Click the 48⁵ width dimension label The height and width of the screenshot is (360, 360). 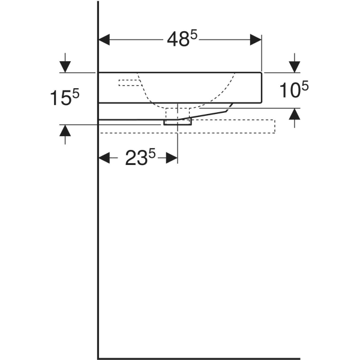[x=182, y=39]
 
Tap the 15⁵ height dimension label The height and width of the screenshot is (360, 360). [x=65, y=97]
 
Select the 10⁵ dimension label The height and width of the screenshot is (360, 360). [x=294, y=89]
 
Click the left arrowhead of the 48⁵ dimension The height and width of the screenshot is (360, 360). [x=104, y=40]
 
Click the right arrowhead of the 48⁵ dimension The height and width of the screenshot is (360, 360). [x=256, y=40]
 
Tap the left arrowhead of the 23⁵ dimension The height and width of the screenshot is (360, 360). [x=104, y=158]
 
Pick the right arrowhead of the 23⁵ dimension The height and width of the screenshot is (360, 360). [x=172, y=158]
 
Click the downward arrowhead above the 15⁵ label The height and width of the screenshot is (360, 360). [x=65, y=67]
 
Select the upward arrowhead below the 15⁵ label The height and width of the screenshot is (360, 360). [x=65, y=130]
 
